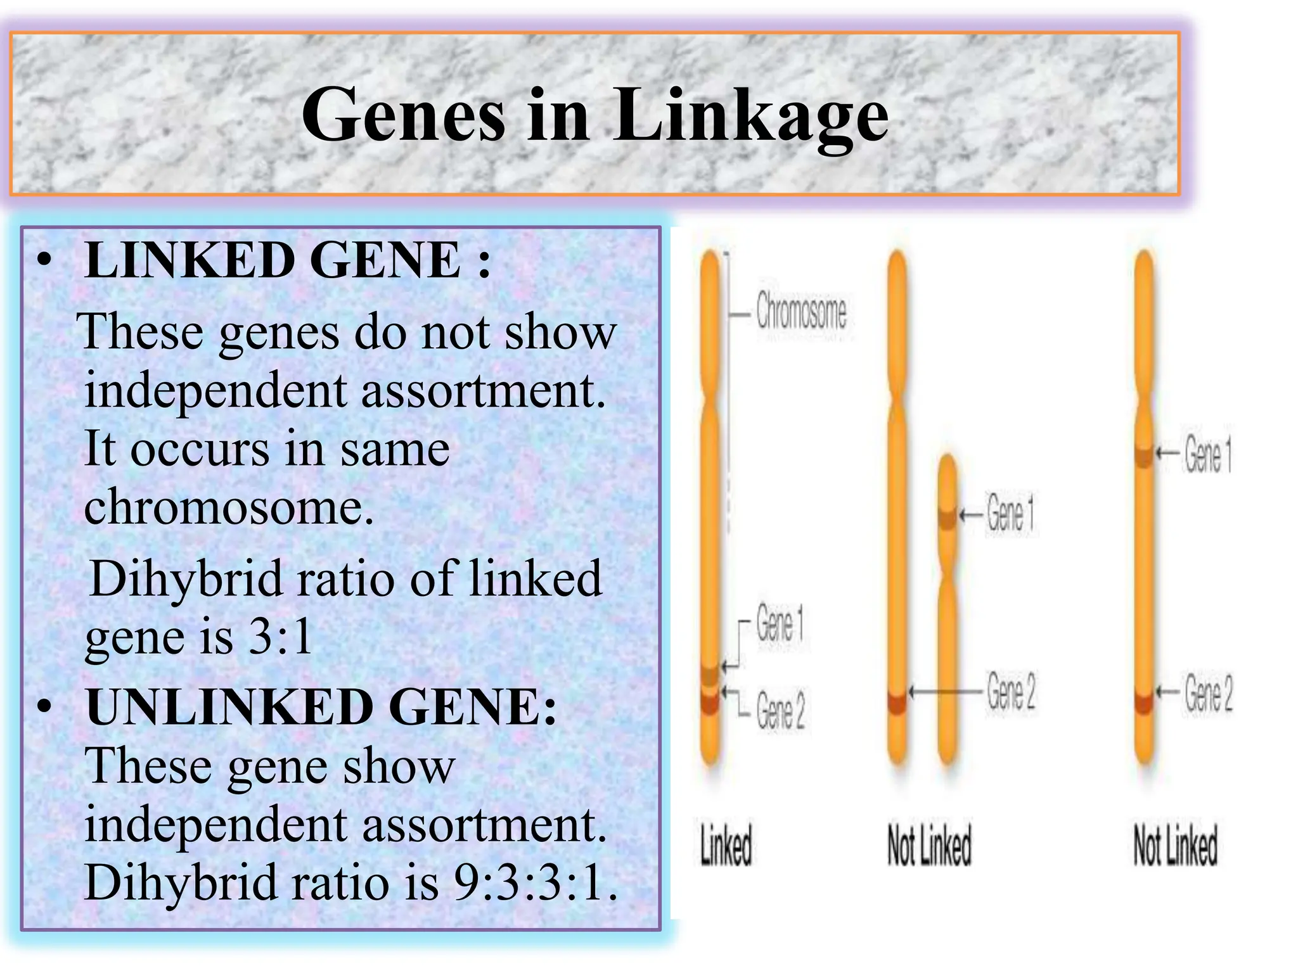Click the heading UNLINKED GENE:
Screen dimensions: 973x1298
pyautogui.click(x=321, y=707)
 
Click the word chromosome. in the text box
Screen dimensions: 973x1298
pyautogui.click(x=229, y=507)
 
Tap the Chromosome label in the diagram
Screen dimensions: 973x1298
pyautogui.click(x=801, y=312)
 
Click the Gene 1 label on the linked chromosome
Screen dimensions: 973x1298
pyautogui.click(x=780, y=624)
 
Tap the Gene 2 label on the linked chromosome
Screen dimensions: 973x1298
pyautogui.click(x=780, y=711)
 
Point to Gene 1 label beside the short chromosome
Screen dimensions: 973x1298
pyautogui.click(x=1010, y=514)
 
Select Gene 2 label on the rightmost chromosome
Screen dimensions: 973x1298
pyautogui.click(x=1209, y=693)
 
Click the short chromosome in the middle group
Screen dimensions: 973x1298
pyautogui.click(x=947, y=608)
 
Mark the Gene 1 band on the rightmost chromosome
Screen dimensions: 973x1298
pyautogui.click(x=1143, y=455)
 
